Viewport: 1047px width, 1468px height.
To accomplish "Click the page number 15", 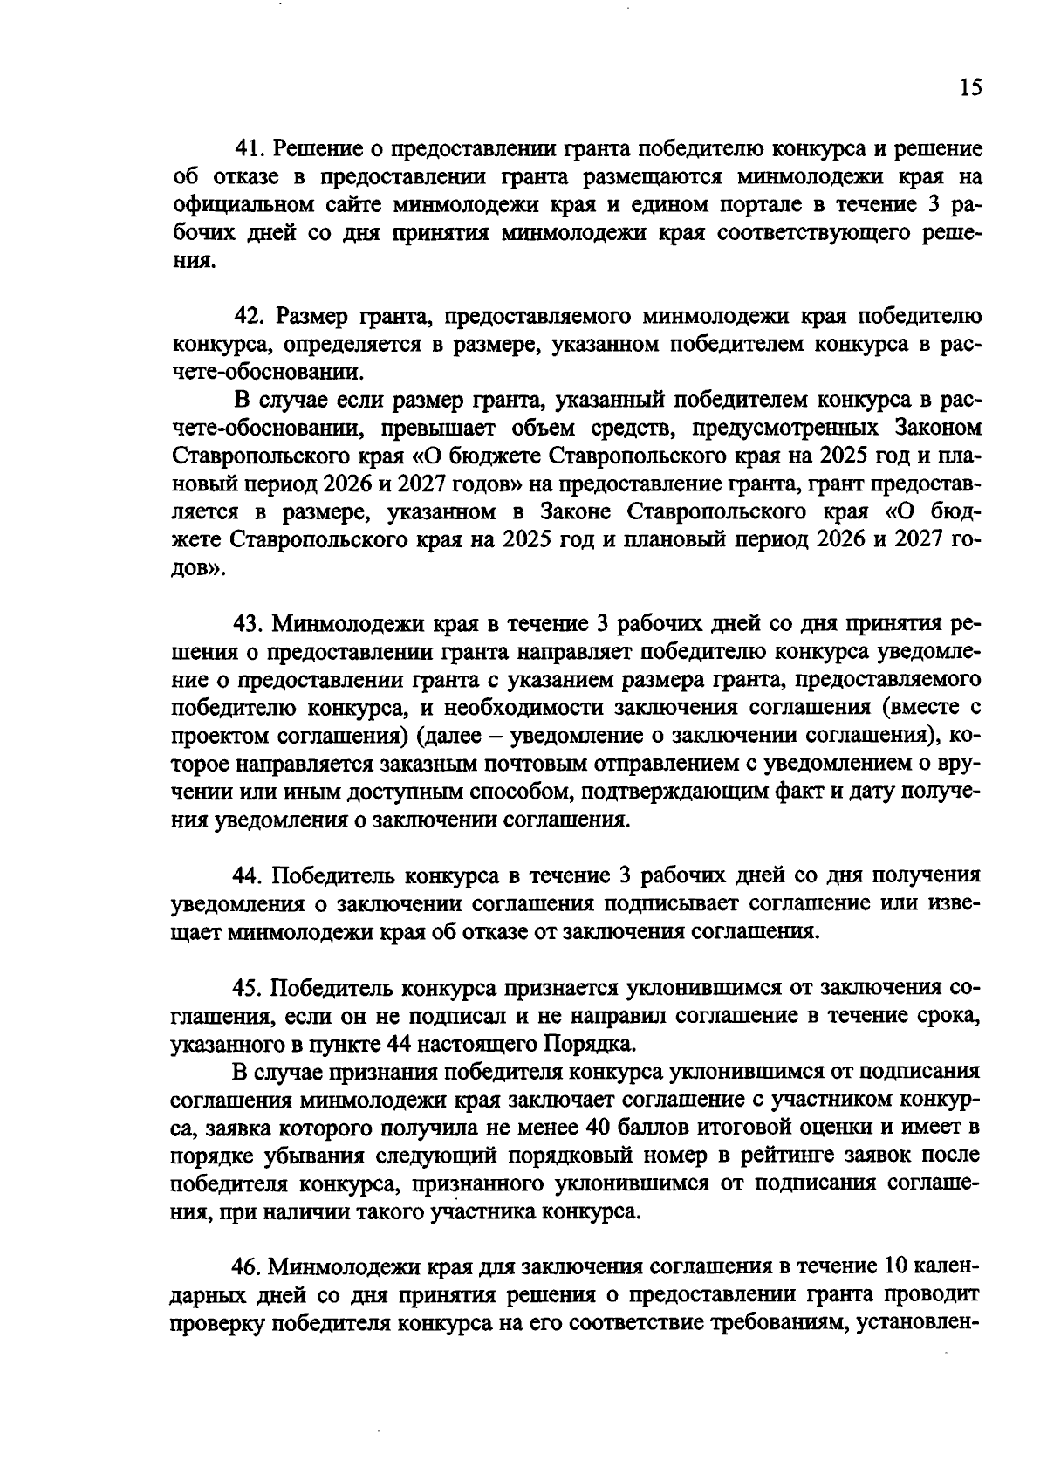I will [969, 87].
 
